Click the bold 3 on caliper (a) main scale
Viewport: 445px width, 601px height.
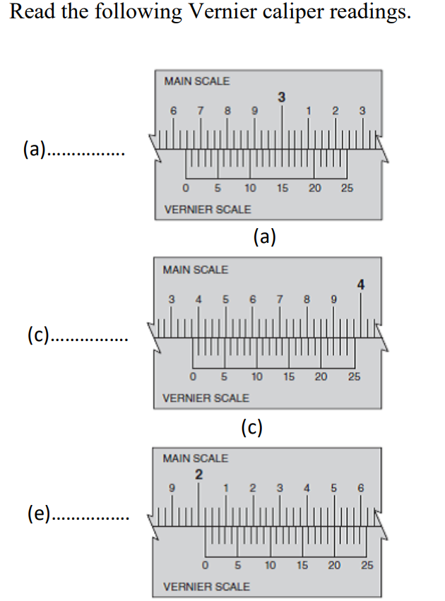pos(282,97)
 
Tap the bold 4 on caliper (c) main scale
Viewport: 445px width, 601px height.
pos(361,285)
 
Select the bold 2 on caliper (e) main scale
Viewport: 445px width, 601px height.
pos(199,474)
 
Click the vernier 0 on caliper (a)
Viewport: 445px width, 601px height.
pos(185,189)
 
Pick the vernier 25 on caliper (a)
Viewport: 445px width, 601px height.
pos(347,189)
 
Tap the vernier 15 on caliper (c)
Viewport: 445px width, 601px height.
pos(289,377)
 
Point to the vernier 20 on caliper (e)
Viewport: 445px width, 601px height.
pos(335,566)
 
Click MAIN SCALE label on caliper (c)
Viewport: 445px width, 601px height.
pos(196,270)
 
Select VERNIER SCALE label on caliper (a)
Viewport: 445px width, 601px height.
pos(207,210)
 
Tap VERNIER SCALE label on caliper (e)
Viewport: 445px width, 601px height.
pos(206,586)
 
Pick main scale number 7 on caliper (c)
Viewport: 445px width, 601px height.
pos(280,299)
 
